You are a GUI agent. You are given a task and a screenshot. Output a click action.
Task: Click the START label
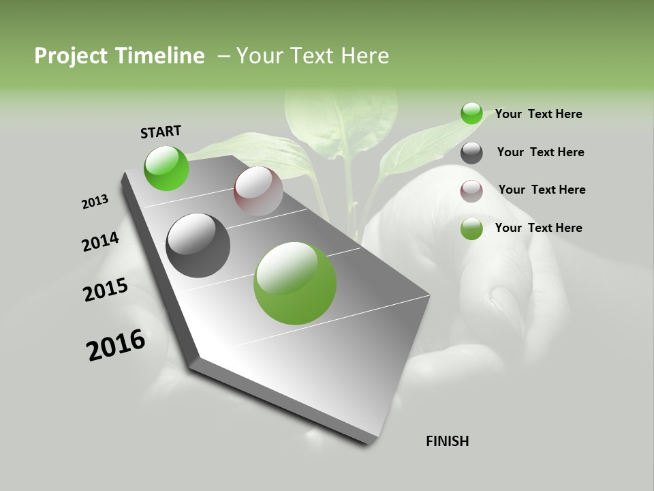tap(161, 131)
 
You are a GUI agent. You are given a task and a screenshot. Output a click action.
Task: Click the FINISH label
tap(448, 441)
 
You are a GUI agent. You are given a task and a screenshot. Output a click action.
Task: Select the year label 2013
tap(95, 202)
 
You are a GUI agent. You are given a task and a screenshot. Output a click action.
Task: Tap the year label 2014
tap(100, 241)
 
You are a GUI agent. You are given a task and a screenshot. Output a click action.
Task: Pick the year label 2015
tap(105, 290)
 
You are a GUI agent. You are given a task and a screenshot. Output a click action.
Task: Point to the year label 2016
tap(116, 345)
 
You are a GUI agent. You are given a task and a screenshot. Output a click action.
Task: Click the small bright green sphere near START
tap(166, 168)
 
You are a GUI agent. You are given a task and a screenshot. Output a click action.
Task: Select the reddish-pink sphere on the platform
tap(258, 192)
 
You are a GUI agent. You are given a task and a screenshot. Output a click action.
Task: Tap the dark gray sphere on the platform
tap(198, 245)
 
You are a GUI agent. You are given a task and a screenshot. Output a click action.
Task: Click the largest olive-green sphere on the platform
tap(294, 283)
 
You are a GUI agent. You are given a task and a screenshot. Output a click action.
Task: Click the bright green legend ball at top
tap(471, 113)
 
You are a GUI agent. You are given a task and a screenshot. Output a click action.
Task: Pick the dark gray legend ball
tap(471, 153)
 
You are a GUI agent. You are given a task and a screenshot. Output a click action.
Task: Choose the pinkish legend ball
tap(471, 191)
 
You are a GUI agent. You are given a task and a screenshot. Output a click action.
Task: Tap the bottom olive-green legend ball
tap(471, 228)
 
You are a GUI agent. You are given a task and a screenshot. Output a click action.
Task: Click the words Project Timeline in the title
tap(119, 56)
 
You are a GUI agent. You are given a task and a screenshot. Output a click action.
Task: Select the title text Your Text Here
tap(313, 56)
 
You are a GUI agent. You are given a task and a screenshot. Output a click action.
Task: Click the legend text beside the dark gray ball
tap(540, 152)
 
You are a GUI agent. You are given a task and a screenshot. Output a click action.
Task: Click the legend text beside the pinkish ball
tap(542, 190)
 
